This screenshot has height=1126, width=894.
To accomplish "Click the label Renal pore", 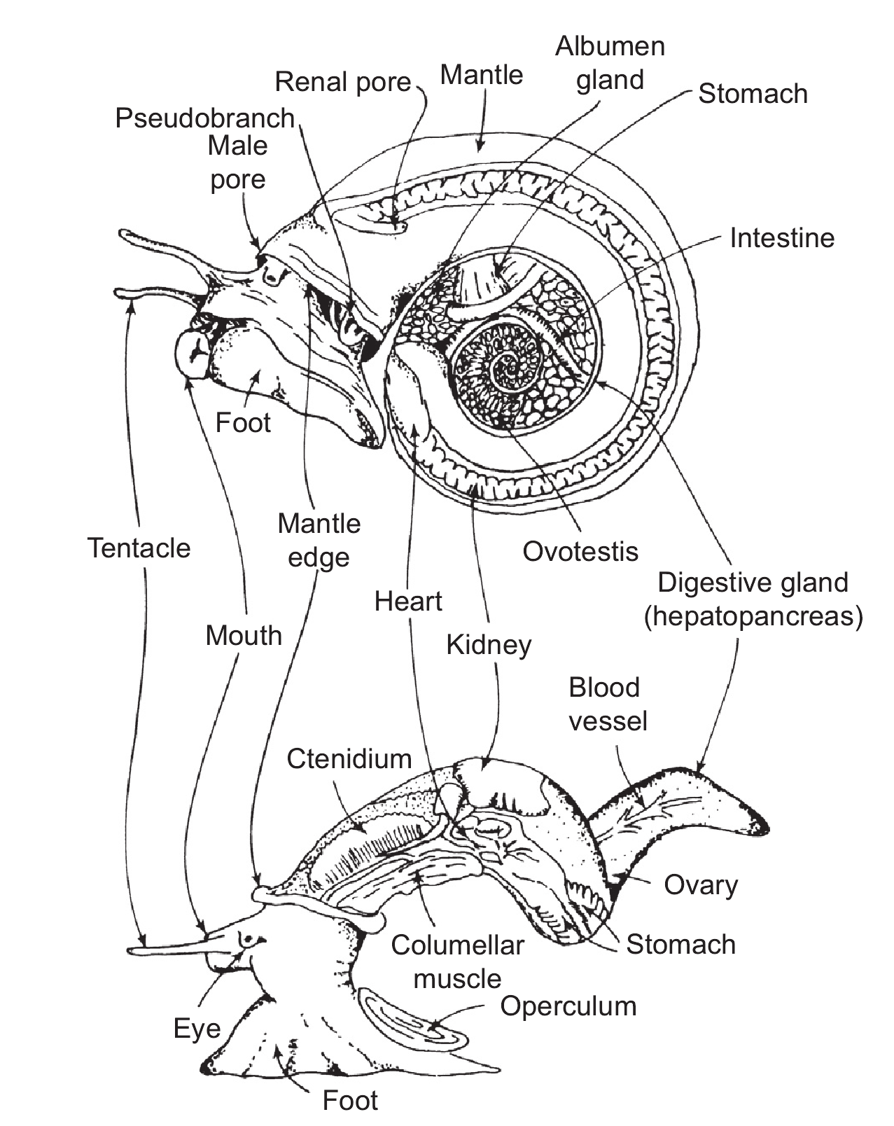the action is (342, 83).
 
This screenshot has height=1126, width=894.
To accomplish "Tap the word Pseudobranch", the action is (204, 118).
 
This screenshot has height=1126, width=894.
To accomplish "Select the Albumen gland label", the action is (610, 63).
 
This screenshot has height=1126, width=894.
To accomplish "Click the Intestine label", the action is (781, 238).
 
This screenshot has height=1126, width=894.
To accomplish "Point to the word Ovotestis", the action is (580, 552).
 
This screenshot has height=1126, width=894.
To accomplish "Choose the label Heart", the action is (408, 602).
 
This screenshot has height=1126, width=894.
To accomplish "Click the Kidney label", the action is (489, 645).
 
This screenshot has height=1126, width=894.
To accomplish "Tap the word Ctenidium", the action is (349, 758).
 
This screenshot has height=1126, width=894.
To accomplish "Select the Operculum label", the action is (568, 1006).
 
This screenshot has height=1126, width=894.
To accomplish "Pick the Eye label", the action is (197, 1029).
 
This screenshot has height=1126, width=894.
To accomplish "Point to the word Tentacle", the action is (139, 548).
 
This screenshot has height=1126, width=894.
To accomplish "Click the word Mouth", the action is (243, 636).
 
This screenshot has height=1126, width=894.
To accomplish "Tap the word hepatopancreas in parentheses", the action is (753, 616).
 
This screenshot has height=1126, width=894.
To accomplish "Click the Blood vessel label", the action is (608, 704).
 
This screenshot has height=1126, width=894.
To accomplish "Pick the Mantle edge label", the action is (319, 541).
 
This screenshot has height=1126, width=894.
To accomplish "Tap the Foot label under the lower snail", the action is (350, 1100).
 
